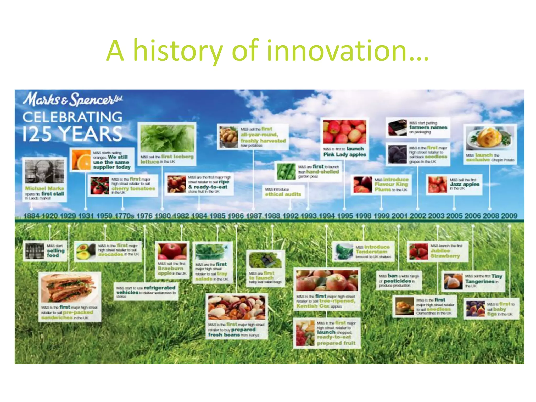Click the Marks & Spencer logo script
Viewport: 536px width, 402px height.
tap(72, 99)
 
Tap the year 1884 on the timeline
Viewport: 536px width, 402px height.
tap(31, 216)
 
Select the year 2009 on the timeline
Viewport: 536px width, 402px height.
tap(509, 216)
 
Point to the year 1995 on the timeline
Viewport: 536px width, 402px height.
tap(345, 216)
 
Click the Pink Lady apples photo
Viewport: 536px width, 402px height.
tap(344, 132)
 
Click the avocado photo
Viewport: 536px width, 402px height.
tap(85, 251)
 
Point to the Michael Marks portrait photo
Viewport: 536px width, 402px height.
tap(44, 171)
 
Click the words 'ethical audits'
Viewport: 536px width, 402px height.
tap(283, 194)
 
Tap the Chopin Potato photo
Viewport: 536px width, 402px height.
tap(490, 138)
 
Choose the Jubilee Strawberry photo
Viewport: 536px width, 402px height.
tap(418, 251)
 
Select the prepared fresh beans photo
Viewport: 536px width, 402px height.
tap(237, 308)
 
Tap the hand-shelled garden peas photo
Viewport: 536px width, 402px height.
tap(286, 172)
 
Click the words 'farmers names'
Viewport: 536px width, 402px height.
tap(428, 127)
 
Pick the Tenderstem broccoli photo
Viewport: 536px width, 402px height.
tap(344, 252)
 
